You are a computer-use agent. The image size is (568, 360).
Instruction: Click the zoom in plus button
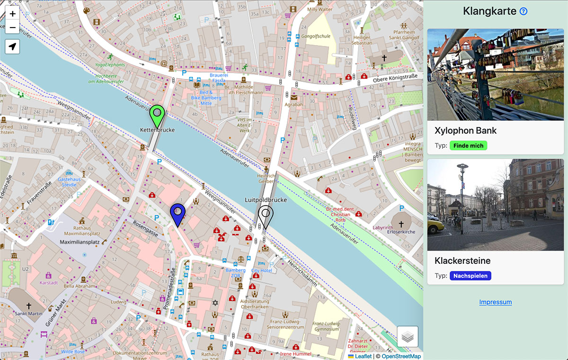(12, 14)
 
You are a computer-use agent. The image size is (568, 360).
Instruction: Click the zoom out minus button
(12, 27)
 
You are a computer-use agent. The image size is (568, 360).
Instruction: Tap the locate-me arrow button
(12, 46)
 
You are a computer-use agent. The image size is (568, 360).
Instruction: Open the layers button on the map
(408, 337)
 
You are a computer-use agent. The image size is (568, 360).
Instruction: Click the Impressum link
(495, 302)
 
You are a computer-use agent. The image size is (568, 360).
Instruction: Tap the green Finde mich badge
(468, 145)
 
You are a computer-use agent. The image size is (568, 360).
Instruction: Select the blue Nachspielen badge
(470, 276)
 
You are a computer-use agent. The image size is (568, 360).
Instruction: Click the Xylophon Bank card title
(465, 130)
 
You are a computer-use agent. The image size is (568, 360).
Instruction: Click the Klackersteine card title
(462, 261)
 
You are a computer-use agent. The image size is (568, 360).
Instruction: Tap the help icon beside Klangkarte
(524, 11)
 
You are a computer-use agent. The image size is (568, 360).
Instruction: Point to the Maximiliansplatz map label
(80, 242)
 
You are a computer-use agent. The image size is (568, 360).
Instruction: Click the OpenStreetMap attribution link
(401, 356)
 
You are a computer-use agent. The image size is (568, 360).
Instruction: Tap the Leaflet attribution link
(363, 356)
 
